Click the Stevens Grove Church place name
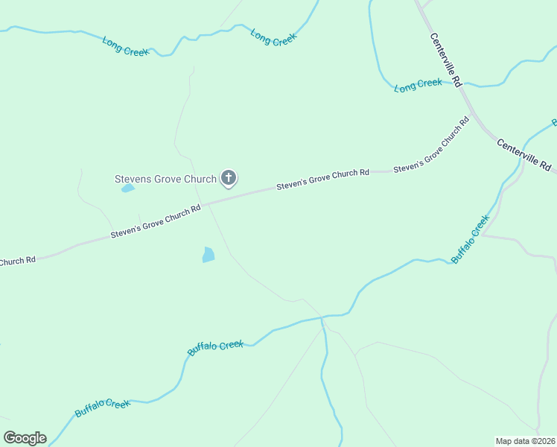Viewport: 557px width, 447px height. pyautogui.click(x=165, y=179)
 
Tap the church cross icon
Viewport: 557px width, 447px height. pyautogui.click(x=229, y=178)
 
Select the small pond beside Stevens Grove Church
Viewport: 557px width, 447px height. pyautogui.click(x=128, y=188)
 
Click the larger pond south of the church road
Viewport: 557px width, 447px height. pyautogui.click(x=209, y=255)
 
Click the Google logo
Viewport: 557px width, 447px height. pyautogui.click(x=25, y=437)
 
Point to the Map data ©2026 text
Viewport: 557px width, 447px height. pyautogui.click(x=525, y=440)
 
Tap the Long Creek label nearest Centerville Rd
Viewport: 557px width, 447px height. pyautogui.click(x=418, y=85)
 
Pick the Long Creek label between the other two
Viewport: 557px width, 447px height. pyautogui.click(x=273, y=37)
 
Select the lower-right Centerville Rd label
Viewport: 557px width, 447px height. pyautogui.click(x=523, y=153)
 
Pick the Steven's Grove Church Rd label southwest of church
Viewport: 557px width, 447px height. pyautogui.click(x=156, y=222)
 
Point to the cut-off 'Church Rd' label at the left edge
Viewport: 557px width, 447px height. pyautogui.click(x=16, y=261)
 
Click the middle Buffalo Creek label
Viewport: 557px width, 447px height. pyautogui.click(x=215, y=347)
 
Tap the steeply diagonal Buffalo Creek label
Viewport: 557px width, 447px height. pyautogui.click(x=470, y=238)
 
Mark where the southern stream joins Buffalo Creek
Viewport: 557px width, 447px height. pyautogui.click(x=322, y=318)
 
